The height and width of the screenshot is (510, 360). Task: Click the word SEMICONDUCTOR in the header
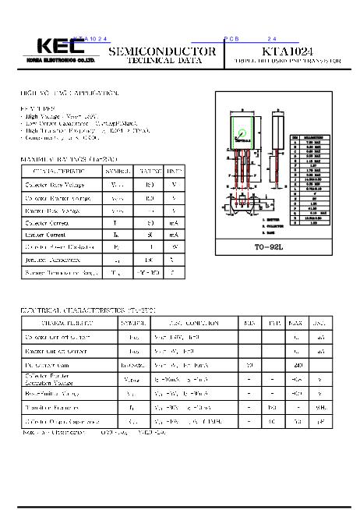point(161,51)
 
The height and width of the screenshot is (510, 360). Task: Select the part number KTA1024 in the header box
point(291,49)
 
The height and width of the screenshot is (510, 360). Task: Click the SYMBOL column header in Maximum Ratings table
point(118,171)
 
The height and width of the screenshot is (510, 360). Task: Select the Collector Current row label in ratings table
point(48,223)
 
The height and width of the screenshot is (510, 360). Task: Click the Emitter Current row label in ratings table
point(46,235)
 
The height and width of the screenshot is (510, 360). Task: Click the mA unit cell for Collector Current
point(175,223)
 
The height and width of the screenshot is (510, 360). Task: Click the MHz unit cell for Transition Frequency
point(319,406)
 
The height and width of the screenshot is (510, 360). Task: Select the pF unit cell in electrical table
point(319,421)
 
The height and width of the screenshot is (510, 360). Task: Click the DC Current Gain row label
point(49,364)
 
